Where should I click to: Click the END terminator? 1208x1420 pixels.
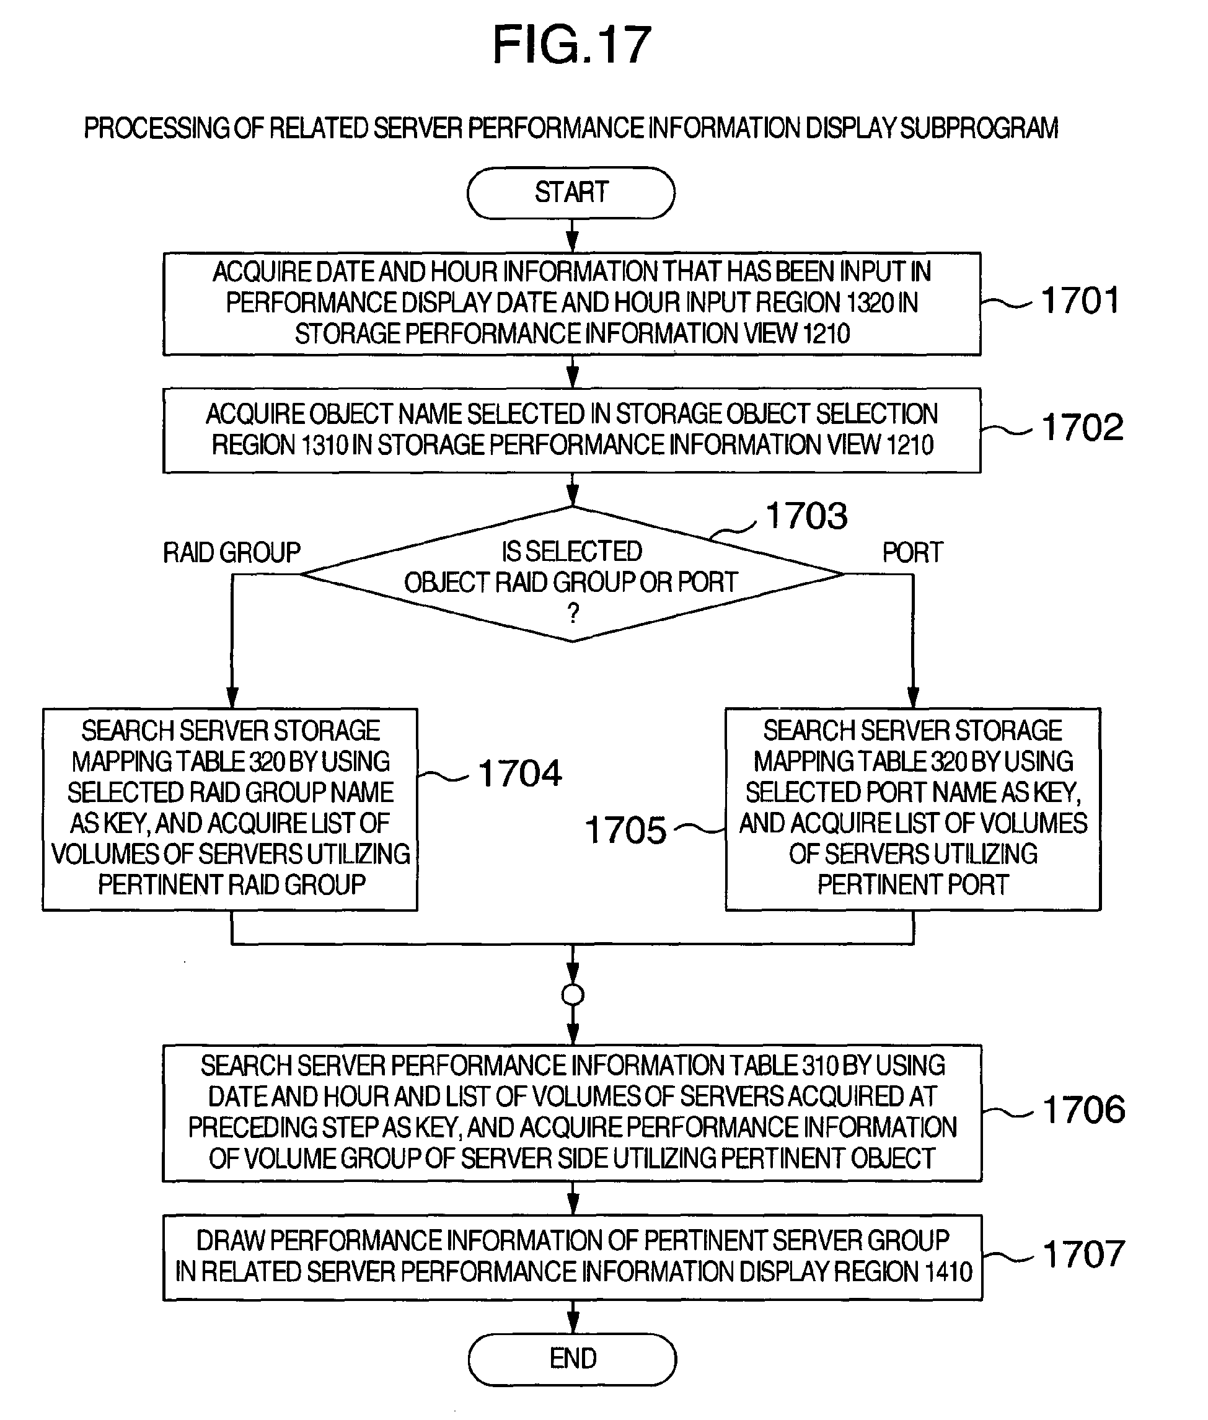(x=573, y=1359)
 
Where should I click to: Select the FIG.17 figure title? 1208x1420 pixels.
(x=572, y=45)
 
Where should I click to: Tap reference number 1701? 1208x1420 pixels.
(x=1080, y=301)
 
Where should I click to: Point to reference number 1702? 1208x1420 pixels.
(x=1083, y=427)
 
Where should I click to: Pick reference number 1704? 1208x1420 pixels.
(x=520, y=774)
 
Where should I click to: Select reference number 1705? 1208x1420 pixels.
(x=626, y=831)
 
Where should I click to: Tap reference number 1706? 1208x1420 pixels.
(x=1084, y=1110)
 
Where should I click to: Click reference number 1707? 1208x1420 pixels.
(x=1084, y=1255)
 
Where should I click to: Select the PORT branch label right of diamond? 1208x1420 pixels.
(x=912, y=552)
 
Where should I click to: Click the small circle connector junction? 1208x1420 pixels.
(x=573, y=995)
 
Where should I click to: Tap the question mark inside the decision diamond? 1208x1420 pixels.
(x=573, y=612)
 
